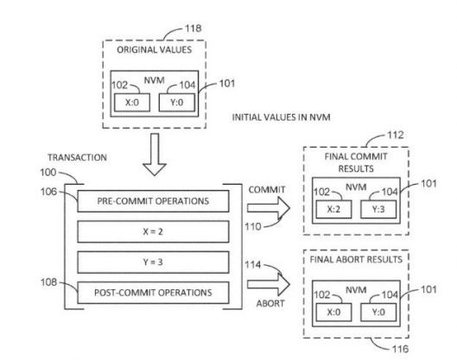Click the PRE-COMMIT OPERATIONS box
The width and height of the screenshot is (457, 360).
153,201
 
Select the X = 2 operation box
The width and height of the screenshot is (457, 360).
153,231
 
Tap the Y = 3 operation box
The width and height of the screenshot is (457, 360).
153,262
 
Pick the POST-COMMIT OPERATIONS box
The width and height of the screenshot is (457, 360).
153,293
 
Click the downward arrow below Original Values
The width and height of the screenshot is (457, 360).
155,155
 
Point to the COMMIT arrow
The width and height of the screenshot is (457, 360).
269,208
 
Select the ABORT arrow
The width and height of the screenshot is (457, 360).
269,284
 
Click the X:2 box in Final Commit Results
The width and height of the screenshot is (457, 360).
333,209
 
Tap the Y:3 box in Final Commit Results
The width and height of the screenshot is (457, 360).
378,209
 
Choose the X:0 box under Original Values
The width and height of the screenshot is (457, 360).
132,102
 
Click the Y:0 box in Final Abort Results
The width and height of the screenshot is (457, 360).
378,313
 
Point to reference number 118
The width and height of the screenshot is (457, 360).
194,28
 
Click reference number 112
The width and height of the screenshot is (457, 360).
396,136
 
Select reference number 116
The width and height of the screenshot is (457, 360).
400,349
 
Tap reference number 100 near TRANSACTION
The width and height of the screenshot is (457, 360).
48,172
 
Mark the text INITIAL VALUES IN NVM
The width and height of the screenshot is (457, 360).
281,117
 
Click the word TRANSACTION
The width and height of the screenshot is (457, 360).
77,158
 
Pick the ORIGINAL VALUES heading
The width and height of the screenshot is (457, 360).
154,50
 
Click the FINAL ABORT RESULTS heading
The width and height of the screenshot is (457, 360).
356,260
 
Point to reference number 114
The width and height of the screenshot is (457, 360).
253,265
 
